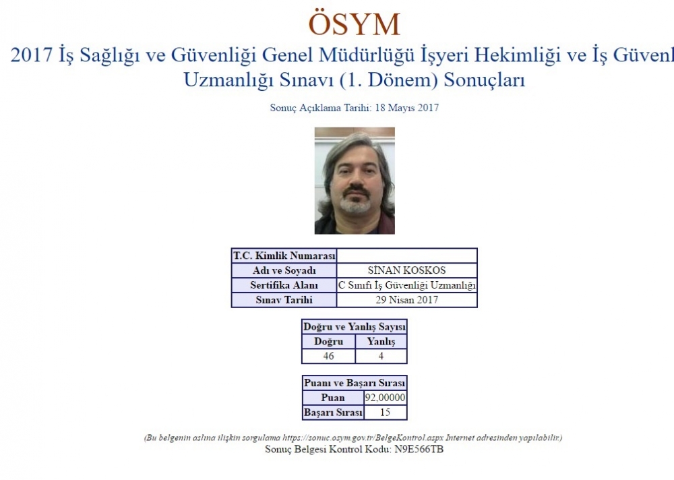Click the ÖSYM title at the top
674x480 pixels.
[x=355, y=24]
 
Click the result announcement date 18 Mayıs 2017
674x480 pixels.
[x=406, y=107]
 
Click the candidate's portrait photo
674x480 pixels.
[x=355, y=181]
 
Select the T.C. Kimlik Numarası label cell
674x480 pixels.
[x=284, y=256]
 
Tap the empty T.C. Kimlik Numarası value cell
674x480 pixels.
[x=406, y=256]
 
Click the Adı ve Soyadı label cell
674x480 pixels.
[x=284, y=270]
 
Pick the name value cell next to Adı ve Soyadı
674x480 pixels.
[x=406, y=270]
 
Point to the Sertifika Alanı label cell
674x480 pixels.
[x=284, y=285]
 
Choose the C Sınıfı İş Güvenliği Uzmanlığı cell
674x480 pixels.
[x=406, y=285]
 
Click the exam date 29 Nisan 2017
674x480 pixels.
[x=406, y=300]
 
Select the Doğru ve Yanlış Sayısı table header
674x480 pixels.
[x=355, y=327]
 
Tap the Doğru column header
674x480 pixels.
[x=329, y=342]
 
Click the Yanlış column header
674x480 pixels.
[x=381, y=342]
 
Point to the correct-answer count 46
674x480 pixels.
[x=329, y=356]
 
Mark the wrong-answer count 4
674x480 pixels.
[x=381, y=356]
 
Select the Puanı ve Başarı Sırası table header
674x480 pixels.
[x=355, y=383]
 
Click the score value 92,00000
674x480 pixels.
[x=385, y=398]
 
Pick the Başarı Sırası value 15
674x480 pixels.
[x=385, y=413]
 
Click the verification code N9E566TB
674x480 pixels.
[x=419, y=450]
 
